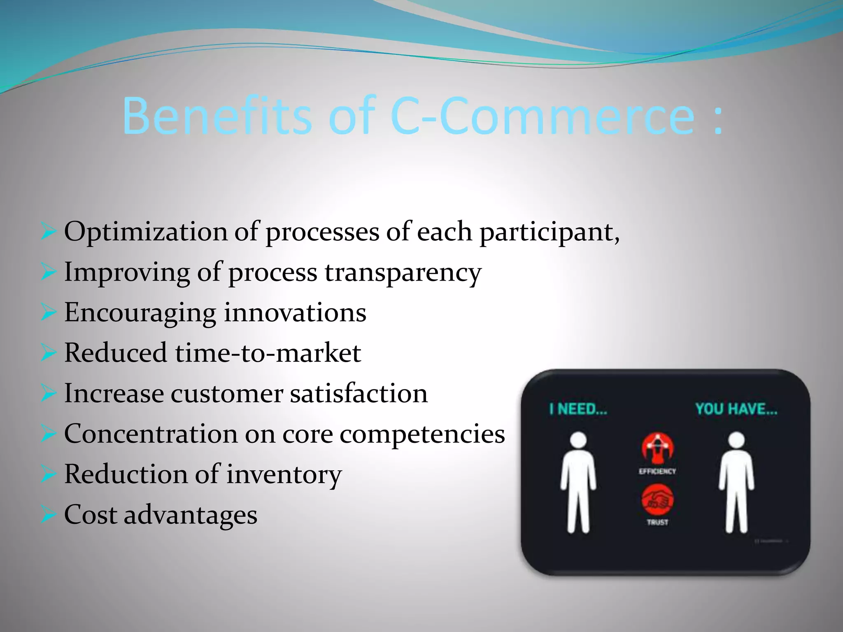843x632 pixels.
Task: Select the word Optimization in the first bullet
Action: point(145,232)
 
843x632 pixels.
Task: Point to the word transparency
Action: point(403,273)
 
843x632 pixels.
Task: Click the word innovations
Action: point(295,312)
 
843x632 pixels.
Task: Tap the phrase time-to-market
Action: point(268,353)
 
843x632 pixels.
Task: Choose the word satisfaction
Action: point(359,393)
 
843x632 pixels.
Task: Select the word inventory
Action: point(284,474)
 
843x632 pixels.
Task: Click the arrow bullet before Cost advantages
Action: point(48,515)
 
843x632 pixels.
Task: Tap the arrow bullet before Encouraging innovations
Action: point(48,313)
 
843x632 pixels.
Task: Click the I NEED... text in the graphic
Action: point(578,409)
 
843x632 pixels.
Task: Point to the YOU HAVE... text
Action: point(736,409)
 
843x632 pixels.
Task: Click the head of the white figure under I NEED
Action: point(578,440)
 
